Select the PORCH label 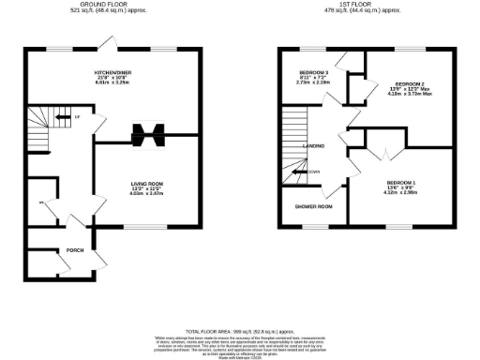(x=76, y=250)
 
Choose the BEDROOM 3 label (x=313, y=73)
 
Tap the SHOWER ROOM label (x=312, y=206)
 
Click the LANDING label (x=313, y=147)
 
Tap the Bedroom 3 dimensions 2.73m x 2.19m (x=313, y=84)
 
